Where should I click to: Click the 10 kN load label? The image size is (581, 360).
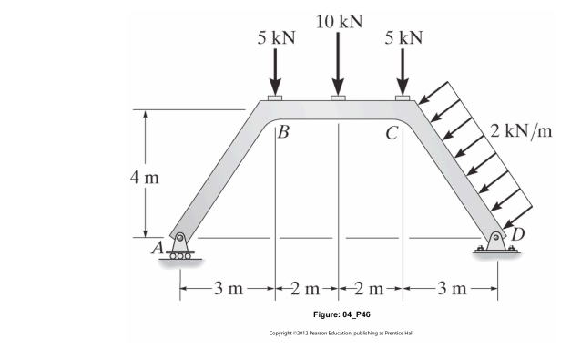point(339,21)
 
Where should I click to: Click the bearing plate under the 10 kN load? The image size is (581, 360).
point(339,97)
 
